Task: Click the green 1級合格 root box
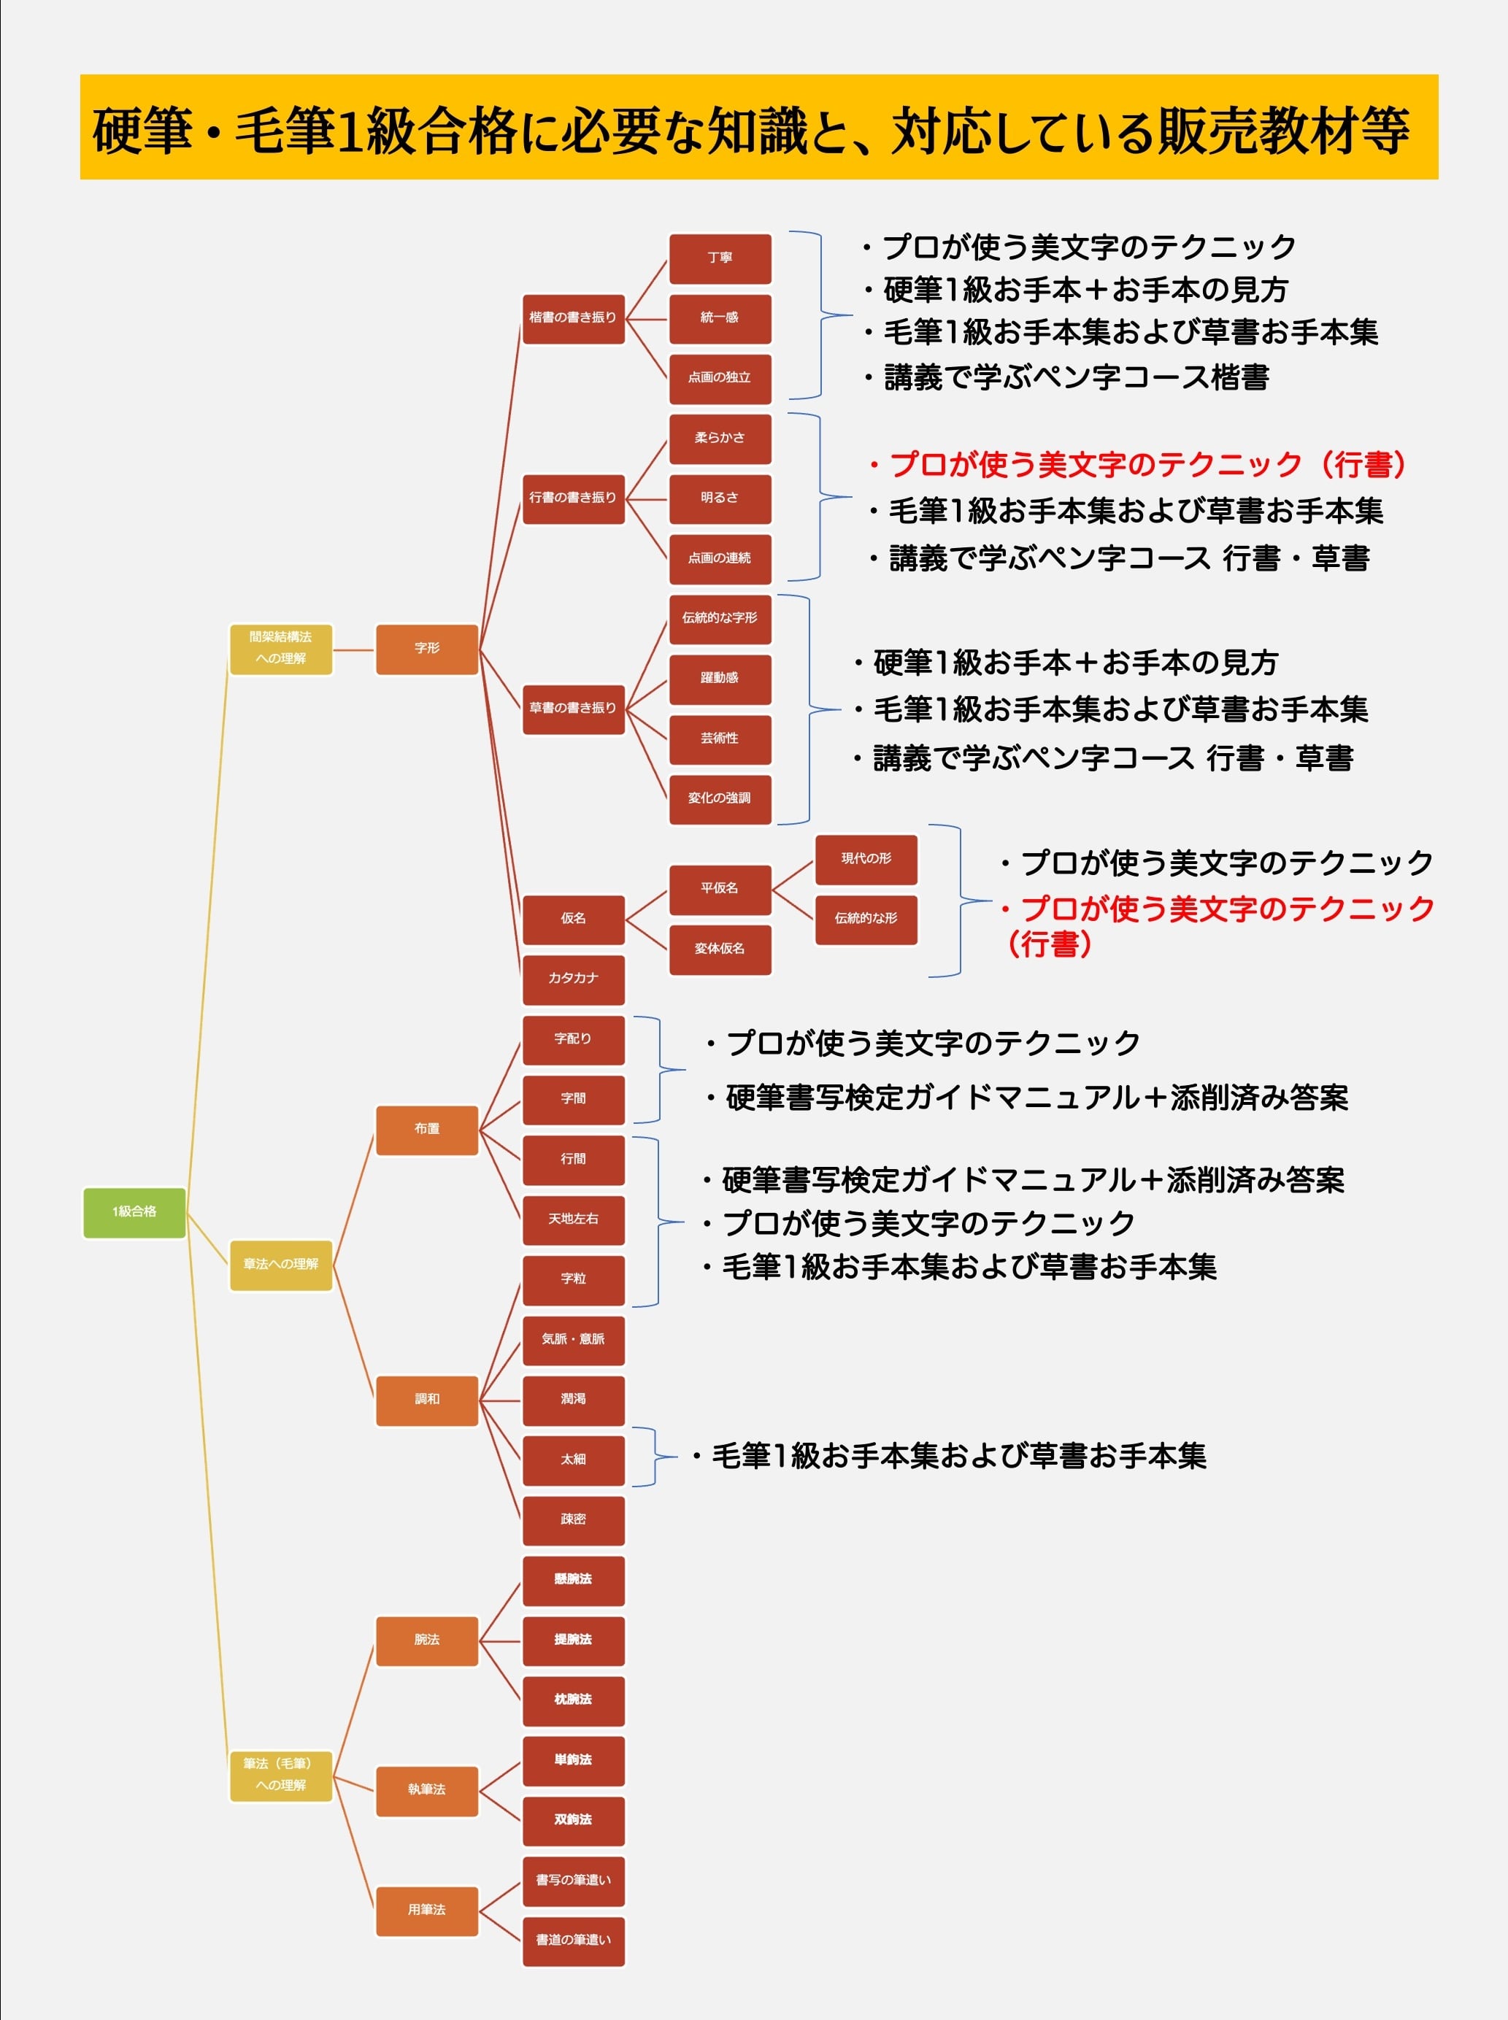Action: point(134,1212)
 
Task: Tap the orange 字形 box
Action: point(426,649)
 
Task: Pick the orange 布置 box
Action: point(426,1130)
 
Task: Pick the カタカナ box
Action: point(573,979)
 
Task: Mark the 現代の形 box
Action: point(866,859)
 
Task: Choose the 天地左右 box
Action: point(573,1220)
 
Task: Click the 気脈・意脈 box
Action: point(573,1340)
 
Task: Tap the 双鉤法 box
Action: point(573,1821)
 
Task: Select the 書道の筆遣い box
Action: point(573,1941)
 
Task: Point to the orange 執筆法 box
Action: point(426,1791)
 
